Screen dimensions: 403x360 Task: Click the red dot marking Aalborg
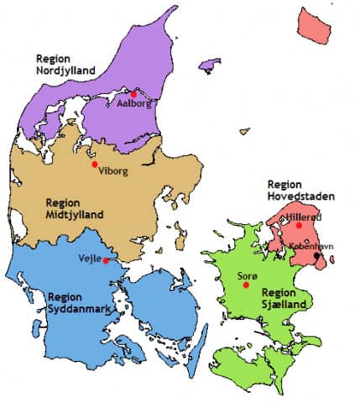tap(133, 93)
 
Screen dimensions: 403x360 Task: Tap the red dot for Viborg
tap(95, 164)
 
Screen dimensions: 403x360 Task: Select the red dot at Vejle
tap(107, 260)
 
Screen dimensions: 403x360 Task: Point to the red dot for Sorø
tap(246, 285)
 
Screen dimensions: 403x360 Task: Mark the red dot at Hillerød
tap(299, 225)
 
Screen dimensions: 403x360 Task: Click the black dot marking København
tap(316, 255)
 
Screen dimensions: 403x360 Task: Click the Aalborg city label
tap(134, 105)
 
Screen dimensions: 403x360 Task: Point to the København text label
tap(311, 246)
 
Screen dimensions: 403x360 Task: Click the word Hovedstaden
tap(300, 196)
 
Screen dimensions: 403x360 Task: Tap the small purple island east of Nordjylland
tap(209, 64)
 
